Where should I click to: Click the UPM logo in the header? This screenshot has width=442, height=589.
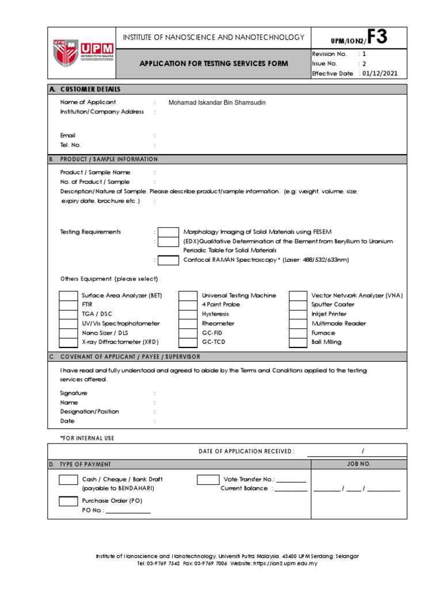83,53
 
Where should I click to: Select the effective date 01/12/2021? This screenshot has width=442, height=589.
379,74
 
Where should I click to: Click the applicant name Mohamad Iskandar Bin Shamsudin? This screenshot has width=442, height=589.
217,102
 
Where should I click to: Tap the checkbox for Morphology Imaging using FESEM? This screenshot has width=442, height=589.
168,232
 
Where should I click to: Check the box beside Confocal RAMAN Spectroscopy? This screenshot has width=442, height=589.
168,260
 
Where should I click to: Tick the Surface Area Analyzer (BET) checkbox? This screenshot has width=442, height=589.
68,296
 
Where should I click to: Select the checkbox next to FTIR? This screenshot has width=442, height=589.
68,305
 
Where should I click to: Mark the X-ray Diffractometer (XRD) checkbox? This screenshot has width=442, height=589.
68,342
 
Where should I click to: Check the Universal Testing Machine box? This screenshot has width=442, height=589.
188,296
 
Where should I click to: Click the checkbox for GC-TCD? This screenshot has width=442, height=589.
188,342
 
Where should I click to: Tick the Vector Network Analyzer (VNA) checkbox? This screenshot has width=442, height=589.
298,296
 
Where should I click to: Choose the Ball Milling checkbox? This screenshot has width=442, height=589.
298,342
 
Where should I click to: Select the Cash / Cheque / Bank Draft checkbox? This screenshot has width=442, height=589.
68,480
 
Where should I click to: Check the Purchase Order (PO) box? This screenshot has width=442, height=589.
68,502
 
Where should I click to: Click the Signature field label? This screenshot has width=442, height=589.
74,393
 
